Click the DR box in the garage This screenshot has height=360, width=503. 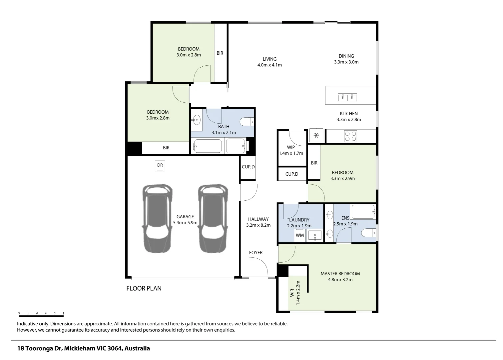pos(160,166)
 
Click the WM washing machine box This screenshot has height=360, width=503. pos(300,235)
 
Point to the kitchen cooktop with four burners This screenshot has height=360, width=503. pos(350,136)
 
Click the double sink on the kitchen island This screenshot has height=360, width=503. pos(347,98)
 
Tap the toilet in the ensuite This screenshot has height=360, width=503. pos(368,232)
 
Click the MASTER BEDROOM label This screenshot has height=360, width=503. pos(340,274)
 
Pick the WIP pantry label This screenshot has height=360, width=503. pos(291,147)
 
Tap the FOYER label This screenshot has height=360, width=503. pos(256,253)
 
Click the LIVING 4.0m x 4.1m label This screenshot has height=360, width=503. pos(269,62)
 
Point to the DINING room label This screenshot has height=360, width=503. pos(346,56)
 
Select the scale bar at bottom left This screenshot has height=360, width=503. pos(41,315)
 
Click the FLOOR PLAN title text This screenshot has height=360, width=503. pos(144,288)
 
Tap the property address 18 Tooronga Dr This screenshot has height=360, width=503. pos(84,349)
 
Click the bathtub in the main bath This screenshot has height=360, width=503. pos(208,146)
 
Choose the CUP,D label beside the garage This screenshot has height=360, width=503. pos(248,167)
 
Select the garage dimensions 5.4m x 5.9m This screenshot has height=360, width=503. pos(185,223)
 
